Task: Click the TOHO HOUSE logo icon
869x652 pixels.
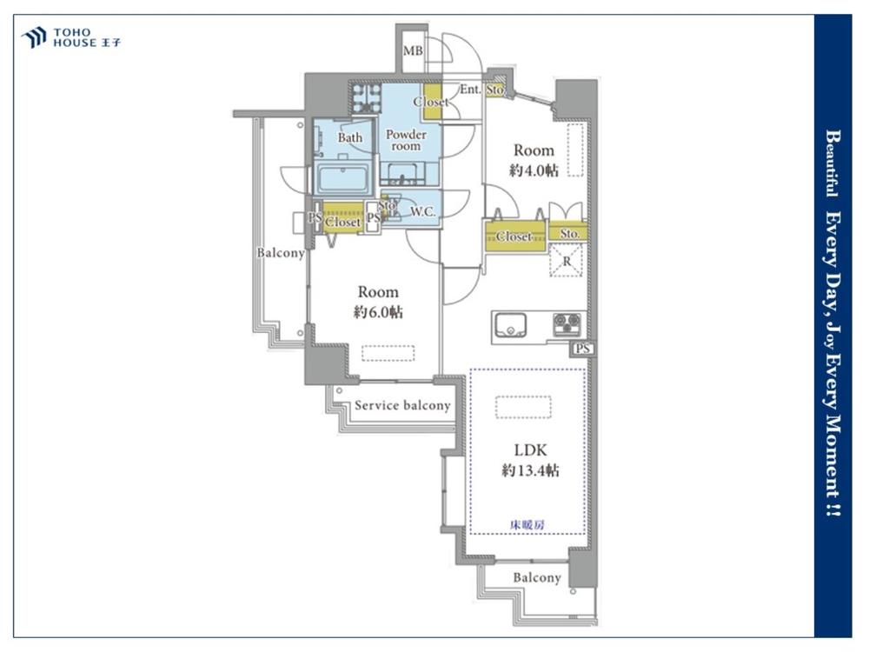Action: [33, 37]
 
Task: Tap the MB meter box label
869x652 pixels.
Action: [413, 51]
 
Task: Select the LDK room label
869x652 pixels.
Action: [531, 449]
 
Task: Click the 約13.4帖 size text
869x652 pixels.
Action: [530, 470]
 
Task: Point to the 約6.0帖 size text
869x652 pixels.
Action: [378, 312]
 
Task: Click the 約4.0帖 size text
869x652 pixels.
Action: [534, 170]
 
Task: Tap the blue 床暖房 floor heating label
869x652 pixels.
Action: [527, 524]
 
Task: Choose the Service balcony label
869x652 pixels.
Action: [402, 405]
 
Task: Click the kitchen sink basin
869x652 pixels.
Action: [510, 325]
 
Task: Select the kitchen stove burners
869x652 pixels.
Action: [567, 324]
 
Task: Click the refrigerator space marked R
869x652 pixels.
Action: [567, 261]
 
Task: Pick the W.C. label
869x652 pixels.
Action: [422, 211]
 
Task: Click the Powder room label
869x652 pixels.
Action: [406, 140]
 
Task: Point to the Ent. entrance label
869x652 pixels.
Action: [470, 89]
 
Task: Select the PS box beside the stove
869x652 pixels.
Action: [582, 349]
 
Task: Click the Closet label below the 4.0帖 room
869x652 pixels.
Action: [514, 236]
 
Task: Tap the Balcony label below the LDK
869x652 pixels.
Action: [536, 578]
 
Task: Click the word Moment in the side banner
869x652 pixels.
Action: [833, 446]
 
